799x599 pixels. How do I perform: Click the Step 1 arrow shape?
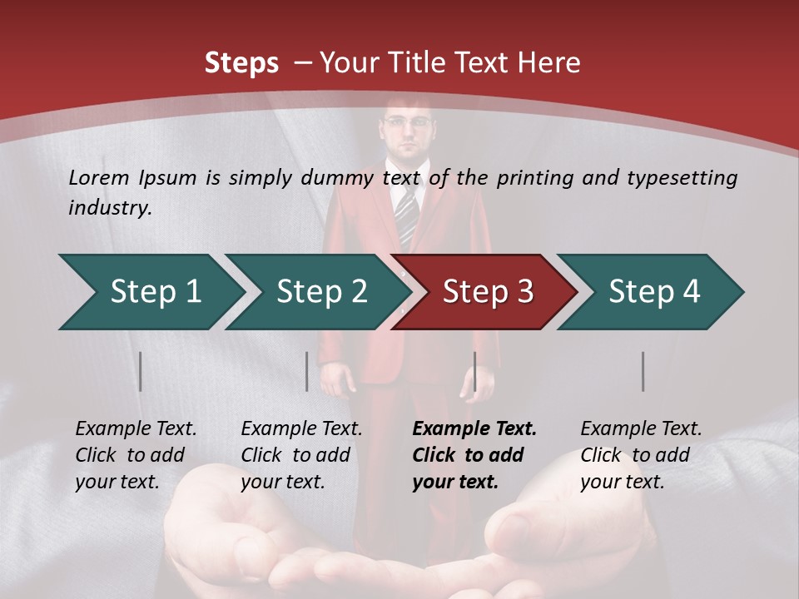(x=150, y=292)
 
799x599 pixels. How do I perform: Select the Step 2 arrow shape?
(x=316, y=292)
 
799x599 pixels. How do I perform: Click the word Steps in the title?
(x=241, y=63)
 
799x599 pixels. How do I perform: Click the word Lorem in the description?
(x=98, y=177)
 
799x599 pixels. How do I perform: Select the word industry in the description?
(x=109, y=207)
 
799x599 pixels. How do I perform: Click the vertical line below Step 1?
(x=141, y=371)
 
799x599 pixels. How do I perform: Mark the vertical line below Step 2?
(x=307, y=371)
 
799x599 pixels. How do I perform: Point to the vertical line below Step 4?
(x=643, y=371)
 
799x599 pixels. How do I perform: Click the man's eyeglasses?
(x=409, y=124)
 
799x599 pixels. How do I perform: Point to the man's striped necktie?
(x=405, y=213)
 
